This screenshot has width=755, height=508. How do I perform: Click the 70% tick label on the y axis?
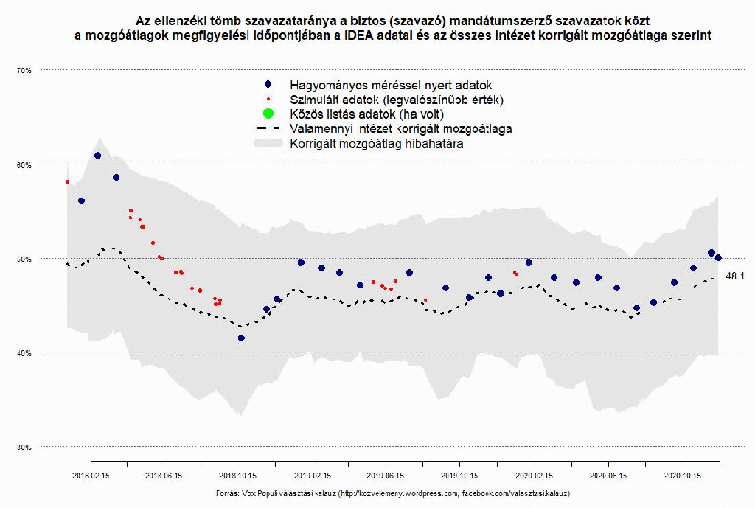[x=24, y=70]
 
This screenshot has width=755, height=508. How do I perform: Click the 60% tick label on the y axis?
[x=24, y=164]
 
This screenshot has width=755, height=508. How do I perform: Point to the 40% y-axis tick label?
[x=24, y=352]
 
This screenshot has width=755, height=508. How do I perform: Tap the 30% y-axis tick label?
[x=24, y=447]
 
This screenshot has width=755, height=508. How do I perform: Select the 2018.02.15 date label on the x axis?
[x=91, y=476]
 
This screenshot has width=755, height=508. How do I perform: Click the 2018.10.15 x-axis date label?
[x=238, y=476]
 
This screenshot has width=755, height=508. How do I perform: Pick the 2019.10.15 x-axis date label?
[x=459, y=476]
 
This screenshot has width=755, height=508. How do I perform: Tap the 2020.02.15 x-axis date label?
[x=534, y=476]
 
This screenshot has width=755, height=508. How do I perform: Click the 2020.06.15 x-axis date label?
[x=608, y=476]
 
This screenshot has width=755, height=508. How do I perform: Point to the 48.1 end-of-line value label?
[x=736, y=276]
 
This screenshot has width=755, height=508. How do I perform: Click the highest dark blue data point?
[x=97, y=156]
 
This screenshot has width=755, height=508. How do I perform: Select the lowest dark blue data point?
[x=241, y=338]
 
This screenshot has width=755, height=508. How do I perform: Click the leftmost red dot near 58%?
[x=67, y=181]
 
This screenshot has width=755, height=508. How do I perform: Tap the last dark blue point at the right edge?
[x=718, y=257]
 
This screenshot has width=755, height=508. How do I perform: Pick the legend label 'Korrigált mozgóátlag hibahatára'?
[x=377, y=144]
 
